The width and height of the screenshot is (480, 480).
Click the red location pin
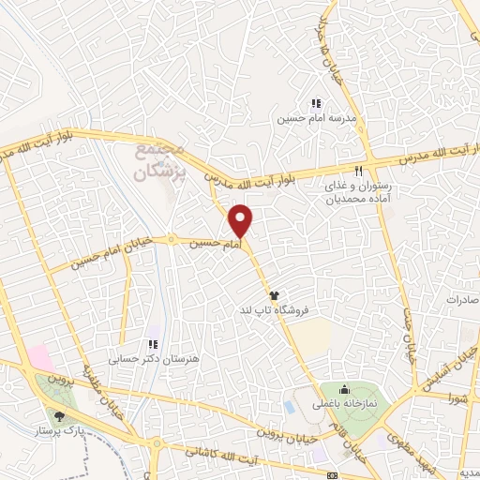pos(242,220)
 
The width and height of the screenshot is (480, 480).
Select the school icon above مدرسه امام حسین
pos(316,104)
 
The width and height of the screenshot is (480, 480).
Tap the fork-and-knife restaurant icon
pos(358,171)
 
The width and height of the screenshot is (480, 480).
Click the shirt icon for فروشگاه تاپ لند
pos(274,294)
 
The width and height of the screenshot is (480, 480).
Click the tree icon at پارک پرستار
pos(61,415)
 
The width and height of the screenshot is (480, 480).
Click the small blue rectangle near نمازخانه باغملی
pos(290,407)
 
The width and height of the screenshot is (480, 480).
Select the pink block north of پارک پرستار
pos(40,357)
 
